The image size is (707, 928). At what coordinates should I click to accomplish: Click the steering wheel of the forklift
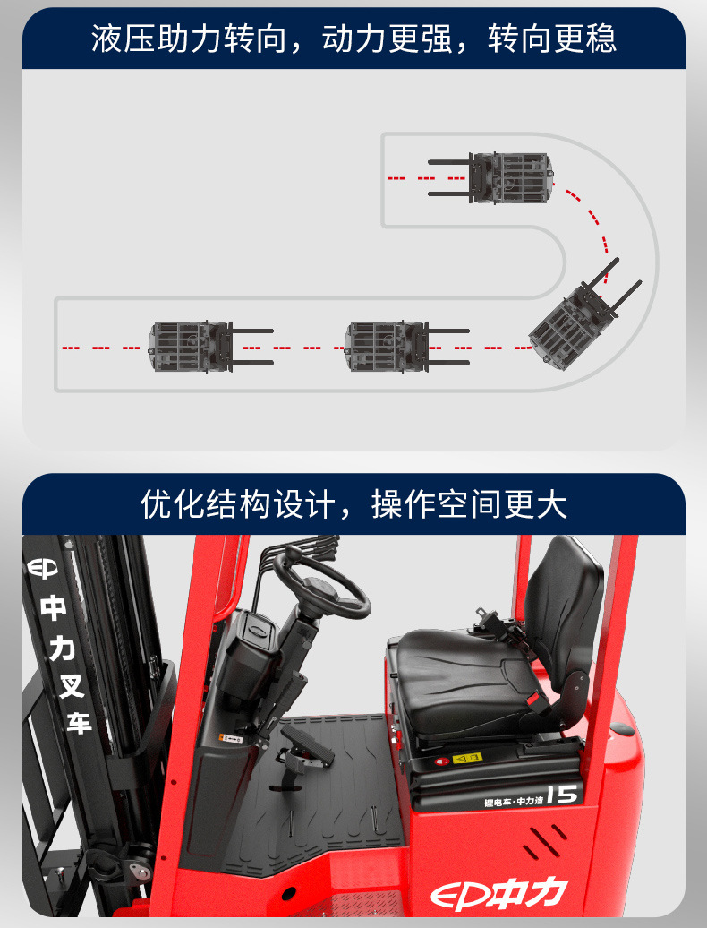pos(322,583)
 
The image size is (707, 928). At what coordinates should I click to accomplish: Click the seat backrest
pos(564,609)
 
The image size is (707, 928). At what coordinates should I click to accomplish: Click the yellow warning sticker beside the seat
pos(467,758)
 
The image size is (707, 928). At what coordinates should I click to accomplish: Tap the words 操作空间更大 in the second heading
pos(469,504)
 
